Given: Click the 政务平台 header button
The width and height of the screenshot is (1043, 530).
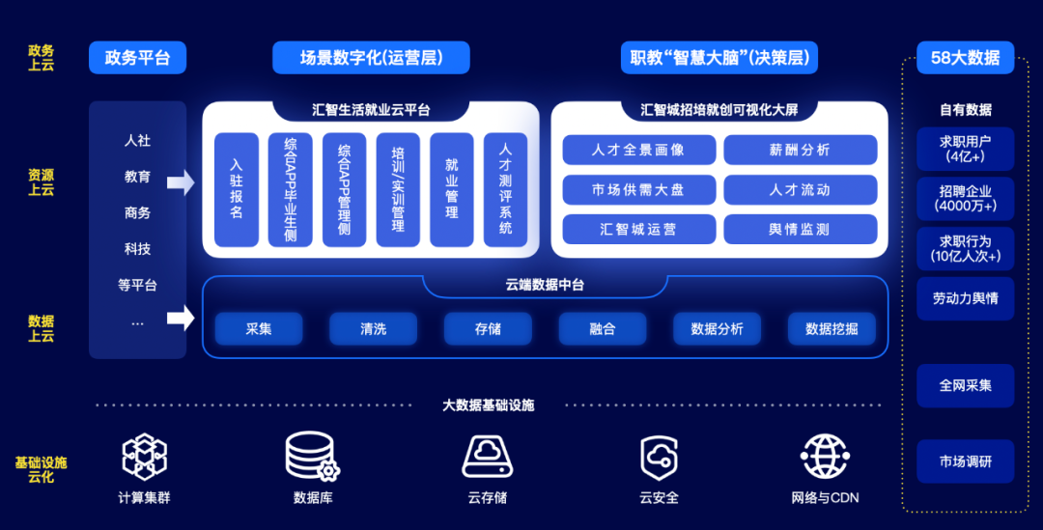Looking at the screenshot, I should [137, 58].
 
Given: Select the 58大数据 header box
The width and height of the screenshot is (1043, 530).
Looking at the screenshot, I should [965, 58].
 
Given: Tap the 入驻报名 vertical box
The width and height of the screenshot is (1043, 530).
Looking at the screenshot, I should [237, 189].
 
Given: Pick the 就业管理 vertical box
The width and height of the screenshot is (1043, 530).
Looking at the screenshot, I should [452, 189].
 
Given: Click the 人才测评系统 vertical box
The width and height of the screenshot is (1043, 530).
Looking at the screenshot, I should [505, 189].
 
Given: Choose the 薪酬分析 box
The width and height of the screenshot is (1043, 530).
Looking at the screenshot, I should [800, 150].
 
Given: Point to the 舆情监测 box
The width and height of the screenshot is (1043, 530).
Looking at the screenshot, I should [800, 229].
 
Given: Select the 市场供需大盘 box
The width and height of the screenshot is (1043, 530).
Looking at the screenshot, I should [638, 189].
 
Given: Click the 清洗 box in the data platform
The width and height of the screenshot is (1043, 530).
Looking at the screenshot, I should [373, 329].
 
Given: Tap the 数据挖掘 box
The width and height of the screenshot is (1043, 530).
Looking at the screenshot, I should [831, 329].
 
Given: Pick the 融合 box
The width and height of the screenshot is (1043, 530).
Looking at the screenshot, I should [602, 329].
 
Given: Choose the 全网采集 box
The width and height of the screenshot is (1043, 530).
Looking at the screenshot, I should [965, 385].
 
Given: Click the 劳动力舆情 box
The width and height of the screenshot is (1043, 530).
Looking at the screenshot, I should [965, 298].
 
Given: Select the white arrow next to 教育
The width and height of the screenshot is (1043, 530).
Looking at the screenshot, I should [180, 181].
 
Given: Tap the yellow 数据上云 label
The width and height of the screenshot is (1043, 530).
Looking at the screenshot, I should [42, 328].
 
